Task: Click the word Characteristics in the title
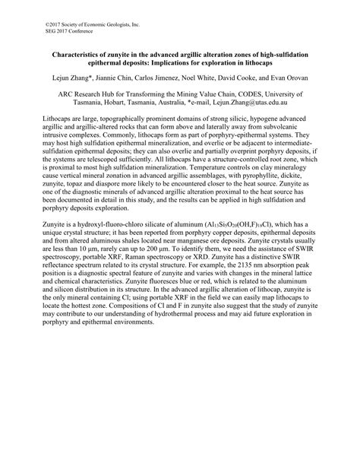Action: (78, 55)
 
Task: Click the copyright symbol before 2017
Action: (47, 24)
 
